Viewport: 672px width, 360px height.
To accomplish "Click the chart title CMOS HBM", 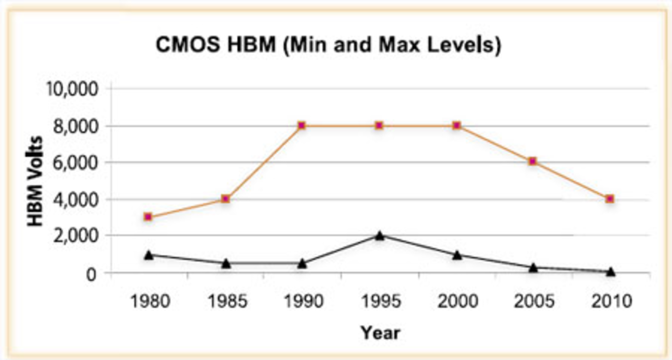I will point(328,45).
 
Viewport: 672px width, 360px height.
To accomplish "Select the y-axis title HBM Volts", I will point(35,181).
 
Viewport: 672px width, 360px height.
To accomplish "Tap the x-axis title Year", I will point(380,333).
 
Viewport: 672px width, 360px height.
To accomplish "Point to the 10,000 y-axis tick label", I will point(72,89).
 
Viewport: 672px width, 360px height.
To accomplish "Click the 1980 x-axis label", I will point(150,301).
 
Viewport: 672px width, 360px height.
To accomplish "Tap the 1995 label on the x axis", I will point(381,301).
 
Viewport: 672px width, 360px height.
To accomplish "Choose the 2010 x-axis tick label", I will point(611,301).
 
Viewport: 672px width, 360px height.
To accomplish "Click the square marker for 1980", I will point(148,217).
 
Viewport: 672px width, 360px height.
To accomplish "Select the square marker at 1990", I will point(302,125).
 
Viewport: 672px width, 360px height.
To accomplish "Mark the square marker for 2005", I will point(533,161).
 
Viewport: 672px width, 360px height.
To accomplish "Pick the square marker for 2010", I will point(610,199).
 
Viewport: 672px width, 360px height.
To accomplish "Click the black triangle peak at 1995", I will point(380,236).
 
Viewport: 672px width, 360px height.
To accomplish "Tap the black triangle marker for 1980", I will point(149,255).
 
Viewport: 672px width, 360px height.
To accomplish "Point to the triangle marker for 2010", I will point(611,271).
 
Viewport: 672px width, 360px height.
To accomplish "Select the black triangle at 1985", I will point(226,263).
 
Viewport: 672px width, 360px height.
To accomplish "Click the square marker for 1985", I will point(225,199).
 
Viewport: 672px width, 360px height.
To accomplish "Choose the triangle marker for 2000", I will point(457,255).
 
